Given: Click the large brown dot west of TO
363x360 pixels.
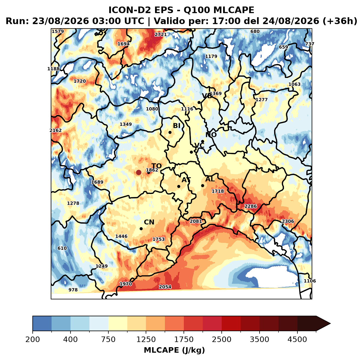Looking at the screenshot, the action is (139, 172).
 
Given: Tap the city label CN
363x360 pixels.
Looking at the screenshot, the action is (149, 222).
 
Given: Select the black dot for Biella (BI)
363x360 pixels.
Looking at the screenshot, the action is (170, 133).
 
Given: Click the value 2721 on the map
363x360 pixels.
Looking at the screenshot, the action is (161, 35).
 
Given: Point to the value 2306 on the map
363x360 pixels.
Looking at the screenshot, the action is (288, 221).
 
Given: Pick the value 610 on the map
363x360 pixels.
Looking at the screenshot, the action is (62, 248).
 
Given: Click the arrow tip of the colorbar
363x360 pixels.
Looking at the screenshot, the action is (331, 324).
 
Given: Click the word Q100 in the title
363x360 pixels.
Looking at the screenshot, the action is (196, 10).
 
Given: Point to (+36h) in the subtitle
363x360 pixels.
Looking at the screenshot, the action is (340, 21).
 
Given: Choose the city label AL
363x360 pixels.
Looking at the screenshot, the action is (210, 179).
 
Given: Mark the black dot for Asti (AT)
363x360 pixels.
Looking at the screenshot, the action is (179, 186).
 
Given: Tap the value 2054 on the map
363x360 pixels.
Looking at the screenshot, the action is (165, 287).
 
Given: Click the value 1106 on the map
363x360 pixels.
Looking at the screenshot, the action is (310, 281).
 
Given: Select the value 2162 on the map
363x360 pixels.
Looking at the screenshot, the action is (55, 130).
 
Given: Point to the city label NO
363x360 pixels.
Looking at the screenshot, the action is (211, 135).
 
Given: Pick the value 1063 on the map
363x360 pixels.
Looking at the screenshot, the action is (294, 84).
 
